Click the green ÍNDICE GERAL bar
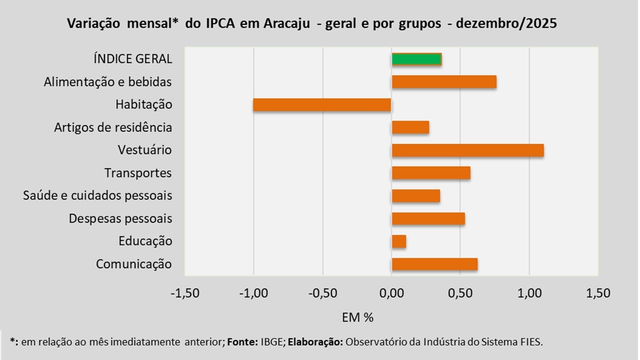click(416, 59)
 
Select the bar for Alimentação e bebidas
click(444, 81)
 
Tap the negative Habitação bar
click(322, 104)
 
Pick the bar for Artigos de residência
click(410, 127)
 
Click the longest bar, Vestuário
click(467, 150)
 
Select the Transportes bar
click(431, 173)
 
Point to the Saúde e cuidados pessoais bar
click(416, 195)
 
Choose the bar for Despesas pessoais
click(428, 218)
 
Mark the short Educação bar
click(399, 241)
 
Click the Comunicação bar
click(434, 264)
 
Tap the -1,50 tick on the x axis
click(185, 293)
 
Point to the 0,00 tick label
click(391, 293)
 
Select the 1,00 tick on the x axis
click(529, 293)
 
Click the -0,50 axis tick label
click(322, 293)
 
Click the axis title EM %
click(358, 317)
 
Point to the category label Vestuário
click(145, 150)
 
